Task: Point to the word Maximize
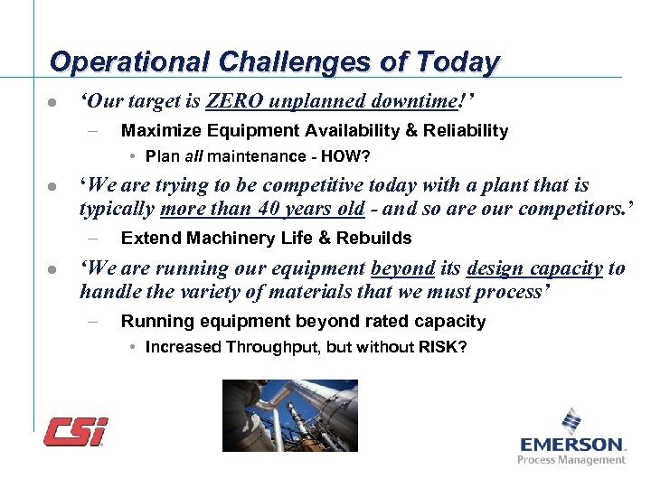click(x=158, y=131)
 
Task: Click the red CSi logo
click(x=76, y=430)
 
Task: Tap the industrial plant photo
click(x=290, y=415)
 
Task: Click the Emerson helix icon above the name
click(x=571, y=421)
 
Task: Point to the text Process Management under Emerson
click(x=571, y=460)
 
